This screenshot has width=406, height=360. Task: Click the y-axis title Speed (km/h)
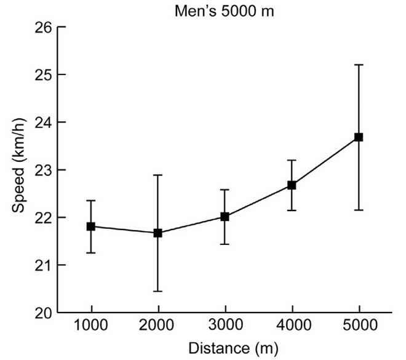click(x=20, y=169)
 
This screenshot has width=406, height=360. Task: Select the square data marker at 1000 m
click(x=91, y=226)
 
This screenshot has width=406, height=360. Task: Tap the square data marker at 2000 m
click(x=158, y=233)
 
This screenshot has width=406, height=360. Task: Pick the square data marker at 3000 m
click(x=225, y=217)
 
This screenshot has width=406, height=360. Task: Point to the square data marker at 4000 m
click(x=292, y=185)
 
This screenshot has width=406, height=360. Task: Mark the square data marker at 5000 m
click(x=359, y=137)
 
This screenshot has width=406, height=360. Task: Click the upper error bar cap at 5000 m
click(x=359, y=65)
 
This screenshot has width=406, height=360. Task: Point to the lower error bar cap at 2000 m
click(x=158, y=291)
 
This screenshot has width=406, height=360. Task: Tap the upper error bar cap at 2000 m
click(x=158, y=175)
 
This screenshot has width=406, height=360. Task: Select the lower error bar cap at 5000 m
click(x=359, y=210)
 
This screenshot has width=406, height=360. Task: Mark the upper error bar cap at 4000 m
click(x=292, y=160)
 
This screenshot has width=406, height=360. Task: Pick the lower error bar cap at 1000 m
click(x=91, y=253)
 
